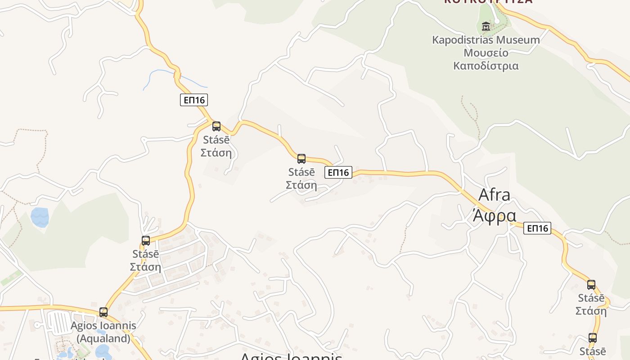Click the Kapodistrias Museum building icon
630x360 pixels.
486,27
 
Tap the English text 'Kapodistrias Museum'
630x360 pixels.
486,40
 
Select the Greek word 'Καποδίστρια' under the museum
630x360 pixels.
486,66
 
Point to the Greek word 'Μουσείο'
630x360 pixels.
486,53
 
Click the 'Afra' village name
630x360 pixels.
494,195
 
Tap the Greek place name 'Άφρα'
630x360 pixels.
494,216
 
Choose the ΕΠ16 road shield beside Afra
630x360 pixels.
537,228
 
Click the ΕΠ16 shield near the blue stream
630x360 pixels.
194,100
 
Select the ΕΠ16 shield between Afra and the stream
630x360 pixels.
338,172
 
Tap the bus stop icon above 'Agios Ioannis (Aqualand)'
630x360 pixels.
103,312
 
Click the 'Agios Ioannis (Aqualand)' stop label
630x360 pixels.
103,332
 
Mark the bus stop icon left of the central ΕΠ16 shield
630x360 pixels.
301,158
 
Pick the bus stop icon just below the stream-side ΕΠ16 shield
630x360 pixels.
216,126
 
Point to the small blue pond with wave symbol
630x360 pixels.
40,217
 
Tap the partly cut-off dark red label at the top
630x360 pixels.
488,1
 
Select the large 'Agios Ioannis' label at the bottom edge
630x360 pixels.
291,356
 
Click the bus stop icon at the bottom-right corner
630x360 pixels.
593,337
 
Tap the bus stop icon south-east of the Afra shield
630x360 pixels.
591,284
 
